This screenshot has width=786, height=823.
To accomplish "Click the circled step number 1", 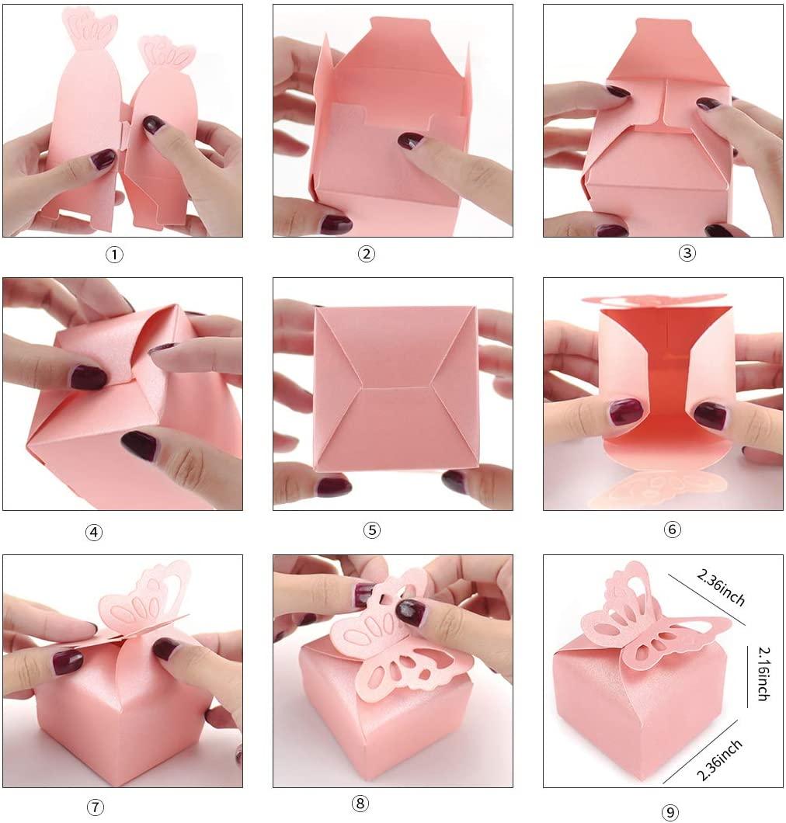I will click(114, 255).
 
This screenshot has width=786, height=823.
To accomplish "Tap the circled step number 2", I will click(367, 254).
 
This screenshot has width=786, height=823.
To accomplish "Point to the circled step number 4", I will click(93, 533).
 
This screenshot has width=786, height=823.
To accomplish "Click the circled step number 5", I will click(372, 530).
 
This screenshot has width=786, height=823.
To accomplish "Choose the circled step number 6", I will click(673, 530).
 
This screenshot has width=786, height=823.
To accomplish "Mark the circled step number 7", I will click(95, 807).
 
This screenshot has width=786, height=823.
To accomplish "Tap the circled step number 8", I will click(362, 804).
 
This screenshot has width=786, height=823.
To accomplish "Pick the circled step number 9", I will click(669, 811).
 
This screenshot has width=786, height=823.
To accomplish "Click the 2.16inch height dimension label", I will click(762, 672).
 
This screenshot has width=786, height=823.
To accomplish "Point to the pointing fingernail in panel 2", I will click(410, 141).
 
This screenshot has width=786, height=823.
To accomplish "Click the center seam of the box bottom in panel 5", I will click(396, 386).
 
